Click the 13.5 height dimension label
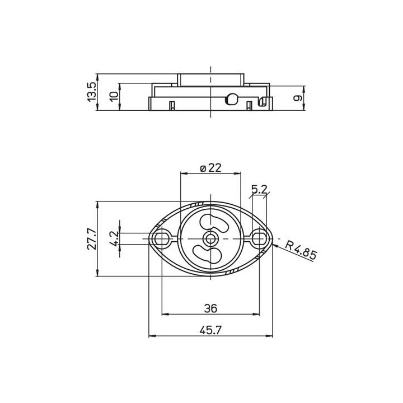coord(91,92)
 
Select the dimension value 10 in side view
coord(114,96)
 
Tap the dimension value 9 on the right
coord(298,98)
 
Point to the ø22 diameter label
coord(210,167)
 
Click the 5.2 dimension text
coord(259,190)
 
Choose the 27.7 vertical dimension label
coord(91,239)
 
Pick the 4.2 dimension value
coord(114,239)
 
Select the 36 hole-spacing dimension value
coord(210,308)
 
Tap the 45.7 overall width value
coord(210,330)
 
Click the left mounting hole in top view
coord(162,239)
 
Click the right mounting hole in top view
coord(259,239)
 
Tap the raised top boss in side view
coord(210,79)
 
